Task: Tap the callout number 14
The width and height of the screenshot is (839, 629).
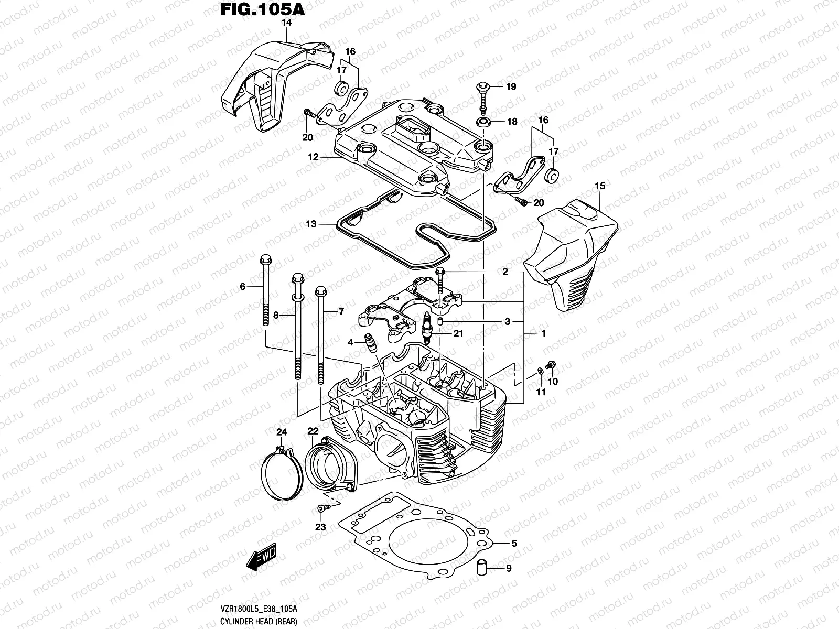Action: tap(287, 23)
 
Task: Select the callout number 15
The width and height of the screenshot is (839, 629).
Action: tap(600, 186)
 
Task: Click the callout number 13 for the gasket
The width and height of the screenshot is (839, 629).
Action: tap(311, 224)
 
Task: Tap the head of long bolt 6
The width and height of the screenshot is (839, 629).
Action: tap(264, 260)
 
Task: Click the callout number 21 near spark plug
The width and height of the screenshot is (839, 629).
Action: tap(459, 333)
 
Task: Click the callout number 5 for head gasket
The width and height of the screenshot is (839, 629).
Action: tap(514, 544)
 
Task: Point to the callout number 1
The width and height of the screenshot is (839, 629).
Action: tap(543, 333)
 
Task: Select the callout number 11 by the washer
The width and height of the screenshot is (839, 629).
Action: tap(540, 392)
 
